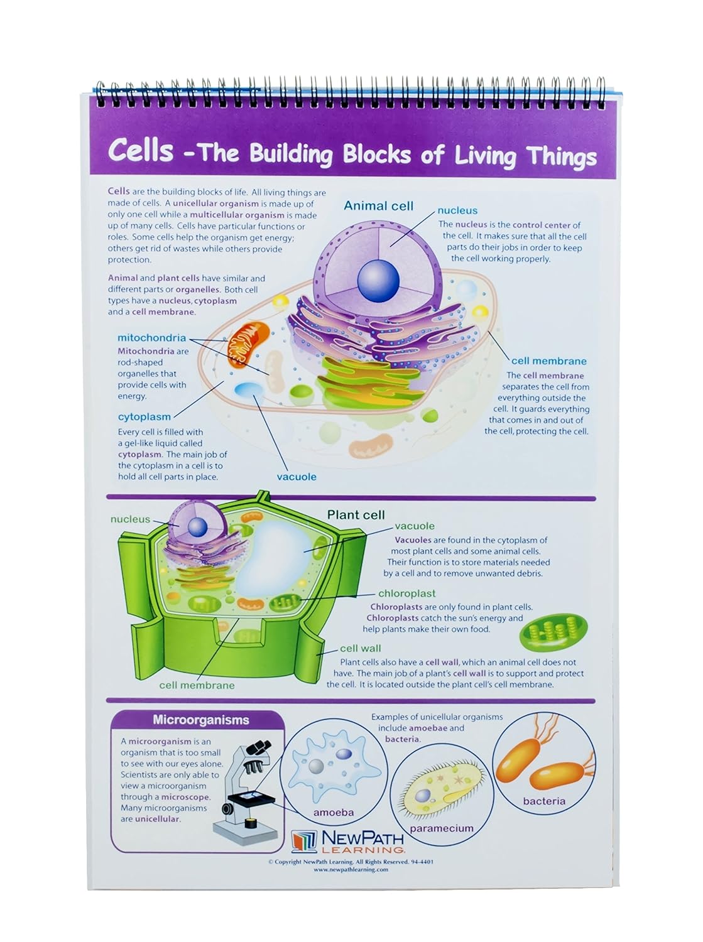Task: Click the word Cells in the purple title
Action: [x=140, y=151]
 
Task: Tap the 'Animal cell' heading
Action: [x=378, y=206]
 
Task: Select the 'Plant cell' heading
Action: [x=356, y=515]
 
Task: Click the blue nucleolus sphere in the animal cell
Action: [x=378, y=278]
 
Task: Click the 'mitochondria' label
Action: [x=151, y=338]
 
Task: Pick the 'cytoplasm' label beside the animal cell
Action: [x=144, y=417]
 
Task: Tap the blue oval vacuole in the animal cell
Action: [x=249, y=389]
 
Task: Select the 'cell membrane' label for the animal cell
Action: [x=548, y=361]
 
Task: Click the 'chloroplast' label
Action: [x=406, y=593]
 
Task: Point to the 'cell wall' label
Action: [x=360, y=649]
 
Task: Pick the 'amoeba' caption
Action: [x=334, y=813]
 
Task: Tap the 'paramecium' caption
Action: [x=442, y=829]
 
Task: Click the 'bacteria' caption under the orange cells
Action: [x=544, y=801]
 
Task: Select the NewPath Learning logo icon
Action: [x=305, y=841]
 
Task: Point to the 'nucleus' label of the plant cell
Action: [x=130, y=519]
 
